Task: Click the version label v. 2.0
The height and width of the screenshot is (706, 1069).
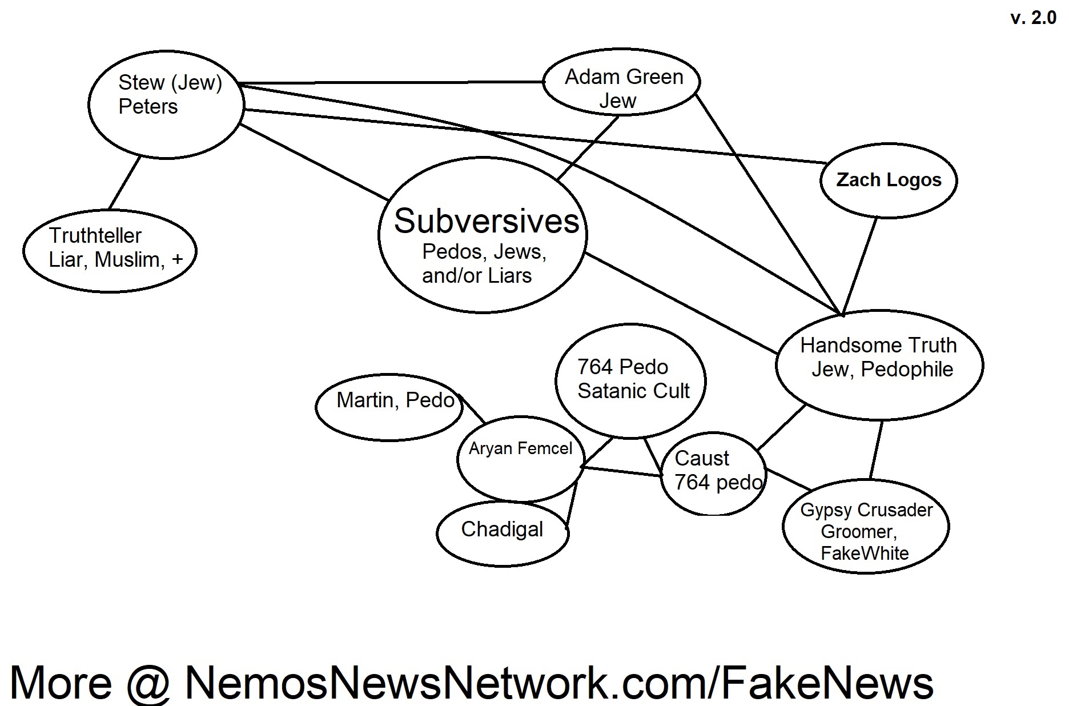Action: (x=1033, y=18)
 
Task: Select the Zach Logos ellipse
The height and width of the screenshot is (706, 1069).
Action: (x=888, y=180)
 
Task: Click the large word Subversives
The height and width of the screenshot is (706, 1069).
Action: (x=487, y=221)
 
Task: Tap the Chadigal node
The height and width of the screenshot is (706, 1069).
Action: (x=502, y=529)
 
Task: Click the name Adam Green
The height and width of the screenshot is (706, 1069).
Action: (x=624, y=77)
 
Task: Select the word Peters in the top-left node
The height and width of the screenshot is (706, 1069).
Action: (x=148, y=107)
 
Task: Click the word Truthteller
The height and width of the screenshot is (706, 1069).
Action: (x=95, y=235)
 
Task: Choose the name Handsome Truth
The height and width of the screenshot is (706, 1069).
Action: (x=878, y=345)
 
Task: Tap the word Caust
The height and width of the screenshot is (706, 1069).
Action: (x=702, y=458)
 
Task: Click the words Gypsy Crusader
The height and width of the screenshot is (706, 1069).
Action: (x=866, y=510)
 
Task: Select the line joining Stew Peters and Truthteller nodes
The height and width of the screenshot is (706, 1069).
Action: (x=124, y=183)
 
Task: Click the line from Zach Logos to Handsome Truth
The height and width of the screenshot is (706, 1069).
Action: (x=859, y=266)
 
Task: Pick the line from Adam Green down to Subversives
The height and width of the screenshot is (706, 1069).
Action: (x=588, y=148)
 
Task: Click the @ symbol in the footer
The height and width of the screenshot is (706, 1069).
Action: (x=148, y=682)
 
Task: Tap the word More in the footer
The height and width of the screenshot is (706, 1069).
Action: (x=61, y=682)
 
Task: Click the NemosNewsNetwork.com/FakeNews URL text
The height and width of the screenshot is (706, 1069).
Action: (x=559, y=682)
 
